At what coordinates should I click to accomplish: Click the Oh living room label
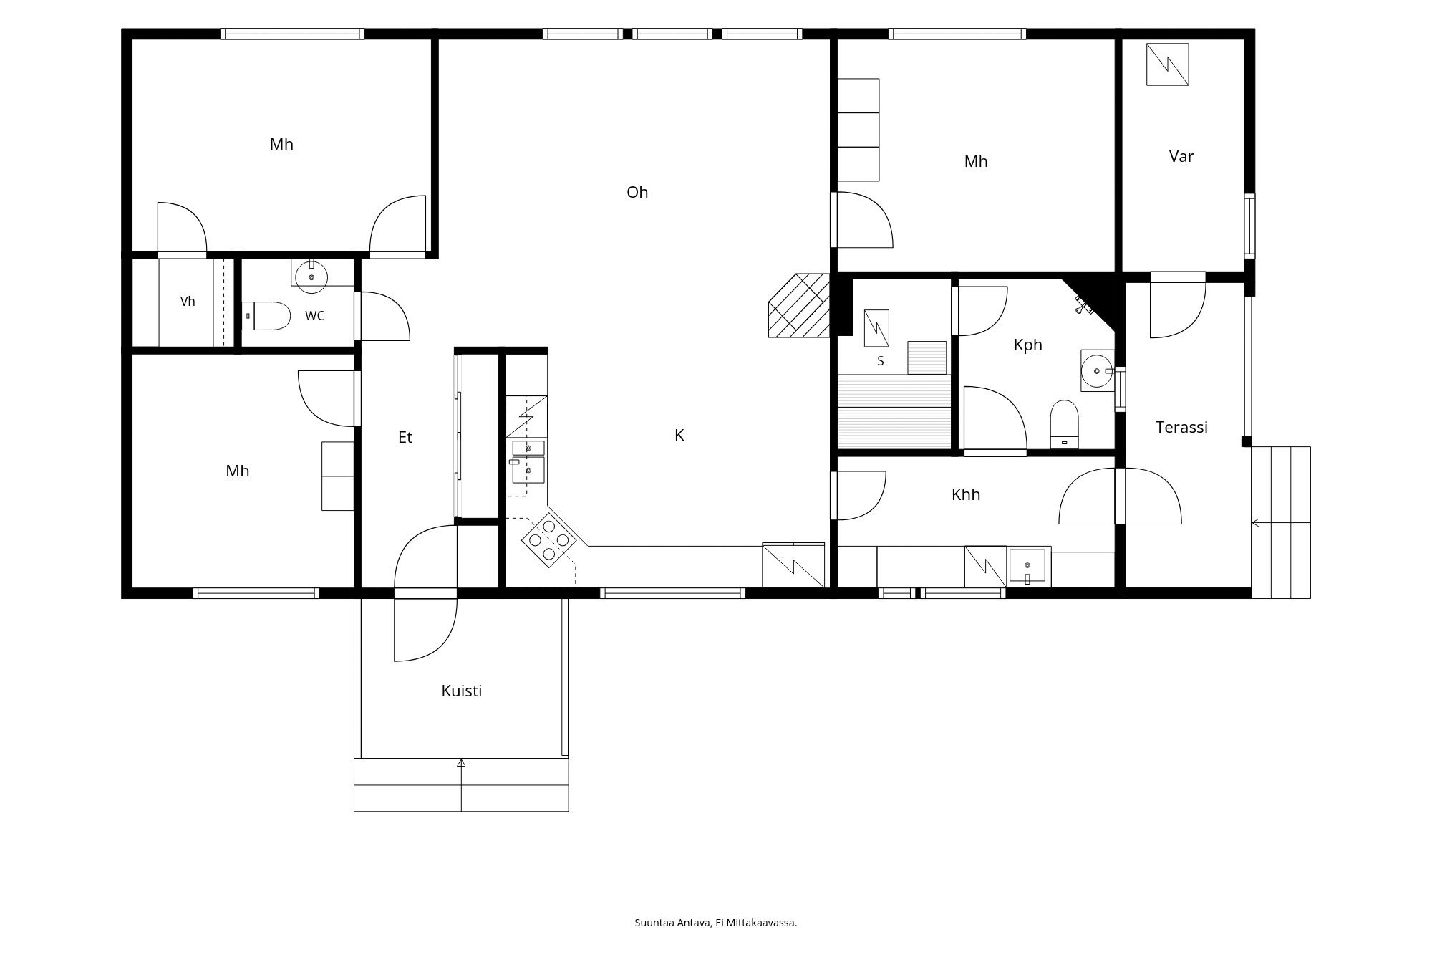637,192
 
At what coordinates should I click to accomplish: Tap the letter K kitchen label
679,435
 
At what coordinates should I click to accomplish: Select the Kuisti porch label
461,691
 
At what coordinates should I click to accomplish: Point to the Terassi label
1181,427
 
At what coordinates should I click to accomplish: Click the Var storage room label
1181,156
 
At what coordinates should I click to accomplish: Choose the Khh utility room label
966,494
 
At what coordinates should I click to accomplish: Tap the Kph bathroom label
1027,345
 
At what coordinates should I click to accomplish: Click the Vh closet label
188,302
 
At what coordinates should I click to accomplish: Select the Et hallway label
405,437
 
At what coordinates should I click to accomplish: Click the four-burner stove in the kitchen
549,540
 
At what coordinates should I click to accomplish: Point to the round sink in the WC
311,277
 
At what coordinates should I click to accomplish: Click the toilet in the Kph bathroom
1064,424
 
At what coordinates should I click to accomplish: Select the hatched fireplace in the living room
799,305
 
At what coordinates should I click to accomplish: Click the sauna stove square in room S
877,328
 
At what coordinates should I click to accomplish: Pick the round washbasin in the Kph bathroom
1097,370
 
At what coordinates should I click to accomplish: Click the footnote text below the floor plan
716,923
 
